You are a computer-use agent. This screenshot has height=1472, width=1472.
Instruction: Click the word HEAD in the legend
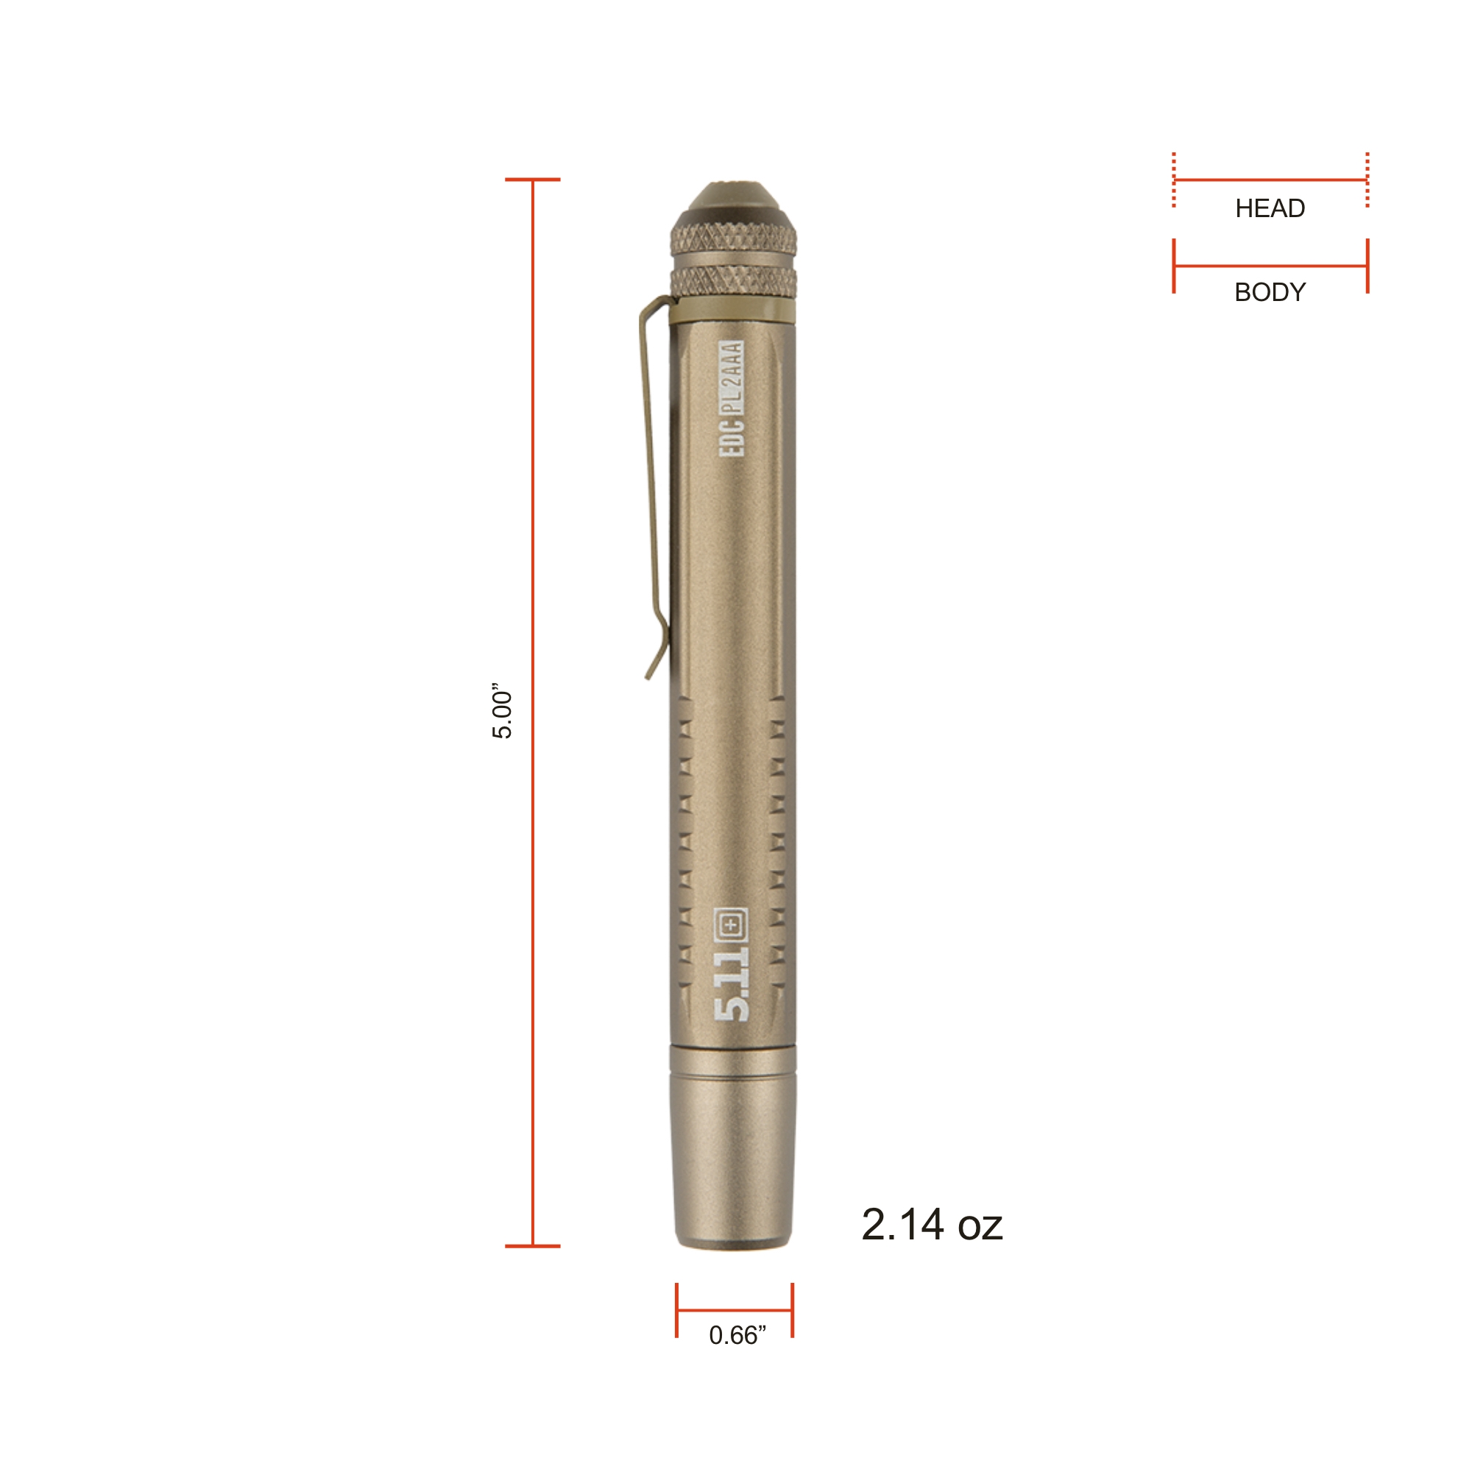pyautogui.click(x=1270, y=208)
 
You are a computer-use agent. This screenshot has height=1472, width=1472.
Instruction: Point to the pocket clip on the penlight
pyautogui.click(x=653, y=488)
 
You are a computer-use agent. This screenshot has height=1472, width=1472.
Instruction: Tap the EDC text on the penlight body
pyautogui.click(x=732, y=436)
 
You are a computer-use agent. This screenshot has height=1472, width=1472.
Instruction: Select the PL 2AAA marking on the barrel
pyautogui.click(x=732, y=376)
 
